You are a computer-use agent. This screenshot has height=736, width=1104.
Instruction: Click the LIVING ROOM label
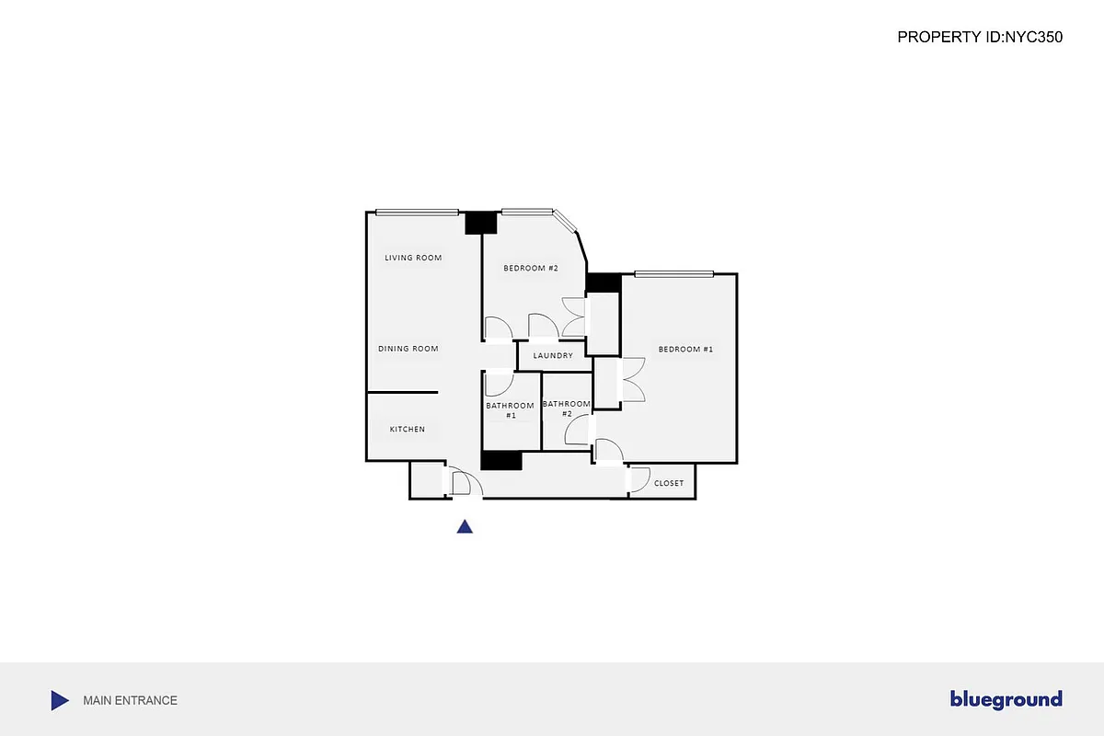(x=413, y=258)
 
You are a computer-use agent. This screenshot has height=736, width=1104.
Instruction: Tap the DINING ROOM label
(x=408, y=349)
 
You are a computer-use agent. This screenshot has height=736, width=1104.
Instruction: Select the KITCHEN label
(x=407, y=430)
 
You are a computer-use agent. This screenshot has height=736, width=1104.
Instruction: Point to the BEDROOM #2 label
(x=531, y=268)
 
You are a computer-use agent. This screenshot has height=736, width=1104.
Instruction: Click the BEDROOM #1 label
(x=685, y=350)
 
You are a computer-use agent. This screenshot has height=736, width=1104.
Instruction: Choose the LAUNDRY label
(x=553, y=356)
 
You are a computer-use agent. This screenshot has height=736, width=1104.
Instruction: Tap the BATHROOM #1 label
(x=511, y=410)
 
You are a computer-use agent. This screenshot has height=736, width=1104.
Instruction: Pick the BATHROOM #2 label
(x=567, y=408)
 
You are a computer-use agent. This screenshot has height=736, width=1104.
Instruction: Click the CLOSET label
(x=669, y=483)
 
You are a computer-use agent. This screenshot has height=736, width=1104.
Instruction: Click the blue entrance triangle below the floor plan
(x=466, y=527)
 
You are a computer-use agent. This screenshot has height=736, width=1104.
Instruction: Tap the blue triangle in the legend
(x=59, y=700)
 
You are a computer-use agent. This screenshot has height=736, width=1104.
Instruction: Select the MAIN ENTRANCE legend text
(x=130, y=700)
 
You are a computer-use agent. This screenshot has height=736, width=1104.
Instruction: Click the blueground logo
(x=1006, y=700)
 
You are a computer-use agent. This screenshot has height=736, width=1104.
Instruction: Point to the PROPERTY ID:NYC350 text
(x=980, y=38)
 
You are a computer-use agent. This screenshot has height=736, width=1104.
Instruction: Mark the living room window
(x=417, y=213)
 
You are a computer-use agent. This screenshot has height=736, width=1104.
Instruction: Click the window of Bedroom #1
(x=673, y=273)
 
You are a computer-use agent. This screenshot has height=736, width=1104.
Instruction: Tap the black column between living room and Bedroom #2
(x=480, y=223)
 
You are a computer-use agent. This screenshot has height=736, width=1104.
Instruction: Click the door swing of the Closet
(x=637, y=478)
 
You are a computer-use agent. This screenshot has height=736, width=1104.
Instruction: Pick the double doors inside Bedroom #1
(x=633, y=379)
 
